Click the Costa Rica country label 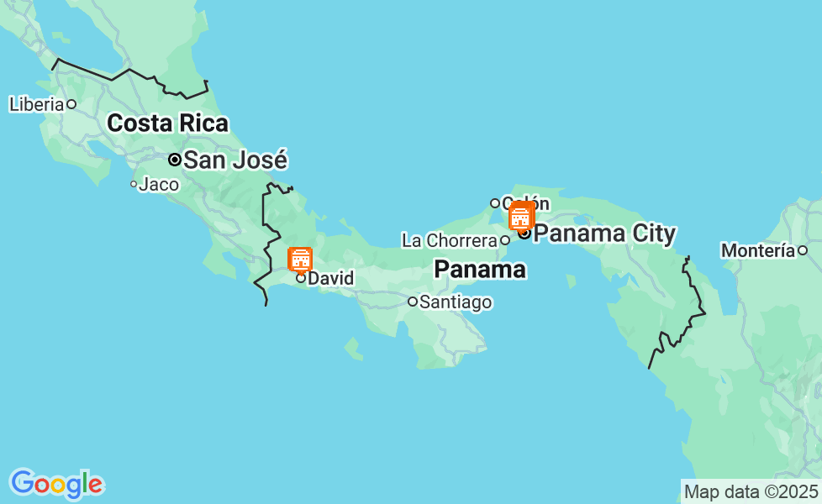click(167, 123)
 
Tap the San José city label click(235, 160)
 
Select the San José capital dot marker click(175, 160)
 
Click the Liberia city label click(36, 104)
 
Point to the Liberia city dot click(71, 104)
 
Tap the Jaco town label click(159, 184)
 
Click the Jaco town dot click(133, 184)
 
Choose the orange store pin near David click(300, 259)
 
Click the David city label click(331, 278)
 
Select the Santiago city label click(456, 302)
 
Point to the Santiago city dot click(413, 302)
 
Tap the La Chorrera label click(450, 240)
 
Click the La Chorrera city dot click(505, 240)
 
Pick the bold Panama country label click(480, 270)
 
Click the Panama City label click(604, 233)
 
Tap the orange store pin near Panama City click(521, 216)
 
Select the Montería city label click(758, 250)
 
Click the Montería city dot click(803, 250)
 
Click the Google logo click(56, 484)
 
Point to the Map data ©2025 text click(751, 491)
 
